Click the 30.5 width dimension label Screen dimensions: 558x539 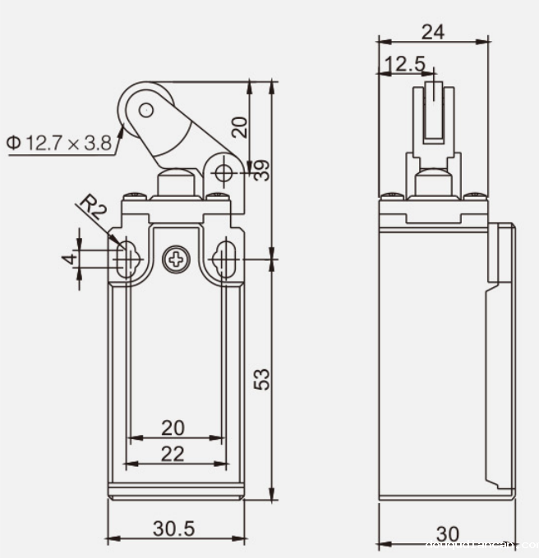pos(173,529)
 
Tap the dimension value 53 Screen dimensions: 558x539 pos(261,379)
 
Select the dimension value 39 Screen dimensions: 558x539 pos(261,170)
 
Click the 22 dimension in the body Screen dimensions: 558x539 pos(173,454)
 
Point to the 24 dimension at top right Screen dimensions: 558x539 pos(433,31)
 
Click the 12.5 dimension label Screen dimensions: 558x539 pos(405,64)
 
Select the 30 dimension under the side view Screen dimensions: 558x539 pos(447,533)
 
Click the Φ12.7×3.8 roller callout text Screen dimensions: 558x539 pos(59,143)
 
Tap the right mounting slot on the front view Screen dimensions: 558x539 pos(223,259)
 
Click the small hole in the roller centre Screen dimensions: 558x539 pos(145,109)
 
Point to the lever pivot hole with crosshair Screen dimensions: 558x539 pos(223,172)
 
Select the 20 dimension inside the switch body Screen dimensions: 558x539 pos(173,428)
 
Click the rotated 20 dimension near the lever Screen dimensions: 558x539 pos(238,126)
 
